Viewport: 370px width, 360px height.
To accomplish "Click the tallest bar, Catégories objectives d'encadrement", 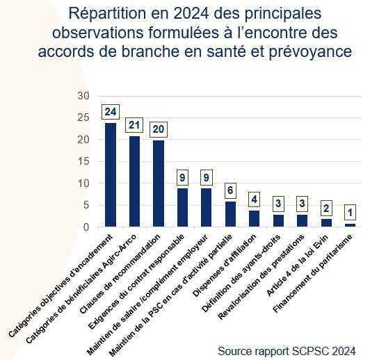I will coord(110,174).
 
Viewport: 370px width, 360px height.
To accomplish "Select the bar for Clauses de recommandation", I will coord(159,183).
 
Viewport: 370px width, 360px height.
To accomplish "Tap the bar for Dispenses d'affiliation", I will coord(255,218).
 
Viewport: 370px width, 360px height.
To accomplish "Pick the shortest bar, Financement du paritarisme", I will coord(351,225).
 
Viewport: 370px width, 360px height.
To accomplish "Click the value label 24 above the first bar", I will coord(110,111).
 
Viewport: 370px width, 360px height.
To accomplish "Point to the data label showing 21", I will coord(134,125).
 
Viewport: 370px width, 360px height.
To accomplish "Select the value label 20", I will coord(159,129).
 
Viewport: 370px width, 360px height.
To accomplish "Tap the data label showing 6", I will coord(230,189).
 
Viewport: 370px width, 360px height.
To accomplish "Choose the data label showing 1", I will coord(351,212).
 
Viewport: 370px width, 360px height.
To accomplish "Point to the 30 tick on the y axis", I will coord(84,96).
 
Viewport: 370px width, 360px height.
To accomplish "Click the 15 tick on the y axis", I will coord(84,161).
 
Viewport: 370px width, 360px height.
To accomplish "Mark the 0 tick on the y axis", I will coord(87,227).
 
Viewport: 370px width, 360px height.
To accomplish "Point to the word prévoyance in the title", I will coord(310,51).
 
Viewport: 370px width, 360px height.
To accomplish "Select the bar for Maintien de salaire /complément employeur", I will coord(207,207).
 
